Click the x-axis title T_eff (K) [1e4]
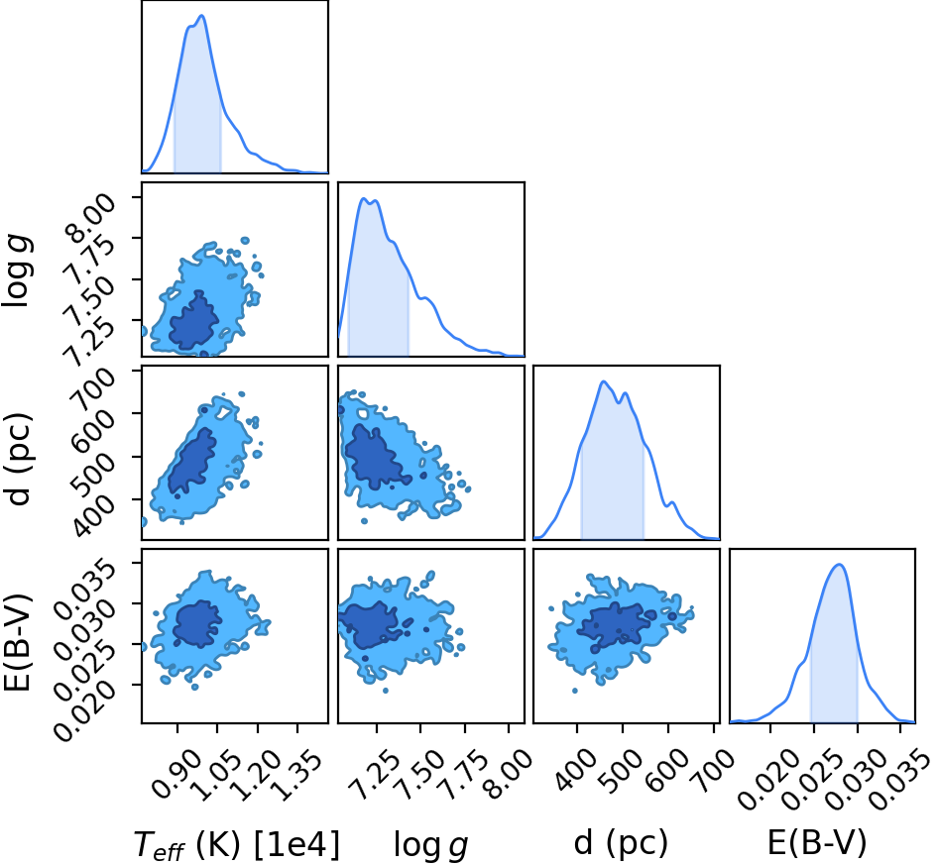pos(237,844)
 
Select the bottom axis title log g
pos(430,845)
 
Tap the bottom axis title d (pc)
pos(621,843)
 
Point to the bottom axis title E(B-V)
pos(817,843)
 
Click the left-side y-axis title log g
pos(17,271)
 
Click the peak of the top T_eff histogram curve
pos(201,16)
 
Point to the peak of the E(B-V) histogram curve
pos(839,564)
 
